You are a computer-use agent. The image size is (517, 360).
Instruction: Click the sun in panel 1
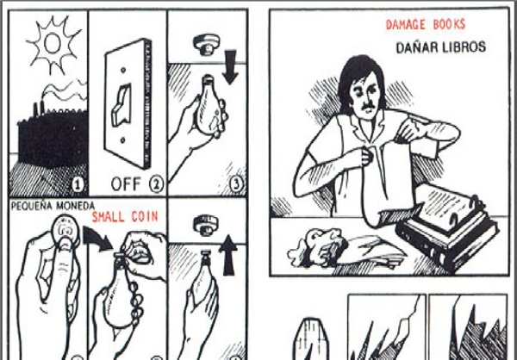pos(53,45)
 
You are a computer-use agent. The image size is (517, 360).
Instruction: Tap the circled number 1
pos(78,185)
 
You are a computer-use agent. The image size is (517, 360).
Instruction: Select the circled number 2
pos(156,184)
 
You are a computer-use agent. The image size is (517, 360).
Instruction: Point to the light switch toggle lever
pos(121,105)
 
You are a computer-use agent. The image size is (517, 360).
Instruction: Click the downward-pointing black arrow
pos(230,66)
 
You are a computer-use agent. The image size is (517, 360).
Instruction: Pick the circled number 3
pos(236,183)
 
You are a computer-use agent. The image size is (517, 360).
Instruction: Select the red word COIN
pos(145,216)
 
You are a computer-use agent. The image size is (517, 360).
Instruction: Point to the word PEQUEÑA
pos(32,206)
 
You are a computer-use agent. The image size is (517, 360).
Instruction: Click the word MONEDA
pos(76,206)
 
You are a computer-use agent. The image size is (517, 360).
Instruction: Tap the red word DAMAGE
pos(406,25)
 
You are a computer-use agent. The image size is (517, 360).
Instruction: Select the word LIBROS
pos(464,47)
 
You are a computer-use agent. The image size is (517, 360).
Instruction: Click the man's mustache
pos(369,106)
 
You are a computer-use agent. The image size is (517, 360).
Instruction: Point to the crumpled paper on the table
pos(316,246)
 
